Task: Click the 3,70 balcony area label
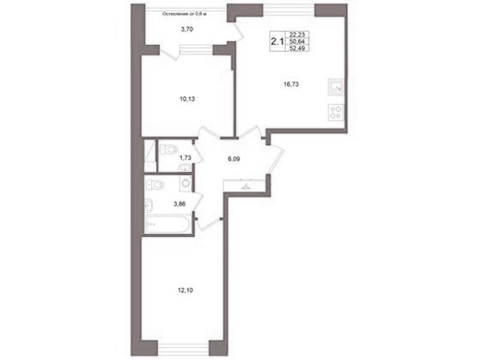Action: (187, 29)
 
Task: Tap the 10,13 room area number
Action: (187, 99)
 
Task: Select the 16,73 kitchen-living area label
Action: (291, 85)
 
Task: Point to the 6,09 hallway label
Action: (234, 159)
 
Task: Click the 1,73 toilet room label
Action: (185, 158)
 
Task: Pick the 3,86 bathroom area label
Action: (180, 204)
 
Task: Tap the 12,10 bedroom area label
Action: (185, 290)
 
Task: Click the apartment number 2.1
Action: (277, 41)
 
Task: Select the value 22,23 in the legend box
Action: (297, 35)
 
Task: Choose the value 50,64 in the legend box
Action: (297, 41)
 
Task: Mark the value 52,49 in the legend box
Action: (297, 48)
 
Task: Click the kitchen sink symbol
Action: (336, 87)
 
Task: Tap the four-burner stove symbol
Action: (336, 112)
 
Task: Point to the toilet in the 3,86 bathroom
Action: (155, 184)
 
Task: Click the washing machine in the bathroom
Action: (185, 183)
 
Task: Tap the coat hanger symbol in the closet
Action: (245, 186)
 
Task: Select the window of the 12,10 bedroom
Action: (183, 349)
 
